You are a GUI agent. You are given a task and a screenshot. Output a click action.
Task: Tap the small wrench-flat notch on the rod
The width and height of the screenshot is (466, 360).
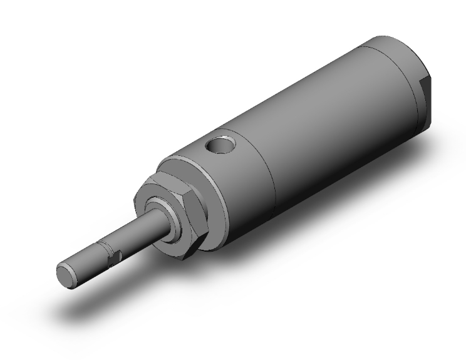(x=113, y=256)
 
